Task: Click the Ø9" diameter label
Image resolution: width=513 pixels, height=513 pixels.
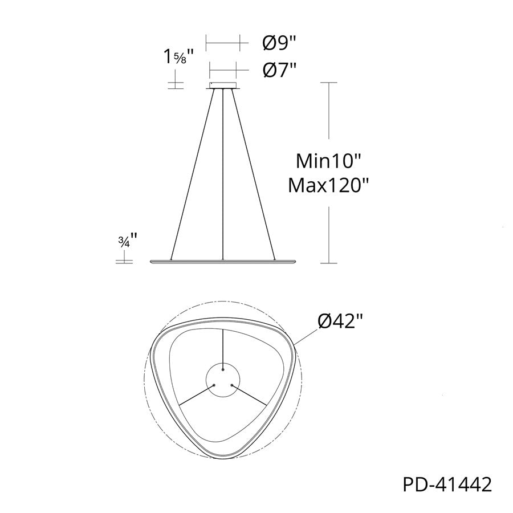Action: pos(280,43)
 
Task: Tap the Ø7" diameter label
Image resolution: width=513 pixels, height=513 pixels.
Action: pos(280,70)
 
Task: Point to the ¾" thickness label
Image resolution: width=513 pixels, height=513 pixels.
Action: pos(127,241)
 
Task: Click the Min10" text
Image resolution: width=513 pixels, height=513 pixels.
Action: pos(328,161)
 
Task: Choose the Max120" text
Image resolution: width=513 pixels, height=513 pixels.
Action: pos(328,185)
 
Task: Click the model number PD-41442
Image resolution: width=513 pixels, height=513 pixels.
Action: pos(447,484)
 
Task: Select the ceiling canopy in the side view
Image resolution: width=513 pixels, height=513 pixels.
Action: pos(223,85)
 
